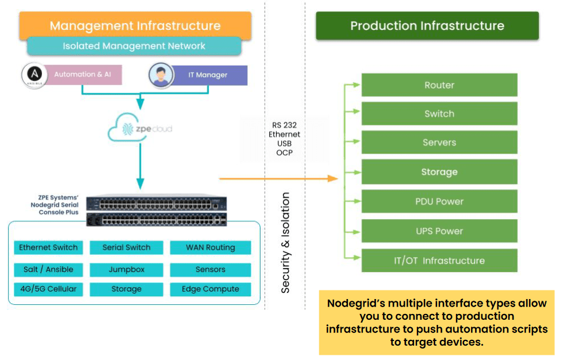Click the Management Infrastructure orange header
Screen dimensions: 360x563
pyautogui.click(x=135, y=26)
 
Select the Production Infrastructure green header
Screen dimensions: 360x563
pyautogui.click(x=427, y=26)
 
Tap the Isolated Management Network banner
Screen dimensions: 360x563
pyautogui.click(x=134, y=46)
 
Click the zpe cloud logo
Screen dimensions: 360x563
pyautogui.click(x=140, y=130)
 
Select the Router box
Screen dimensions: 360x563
pyautogui.click(x=439, y=85)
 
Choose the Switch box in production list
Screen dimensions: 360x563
pyautogui.click(x=439, y=114)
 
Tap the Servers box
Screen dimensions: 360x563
pyautogui.click(x=439, y=143)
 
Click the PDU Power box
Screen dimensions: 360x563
pyautogui.click(x=439, y=202)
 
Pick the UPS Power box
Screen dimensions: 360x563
pyautogui.click(x=439, y=231)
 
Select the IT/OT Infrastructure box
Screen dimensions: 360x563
pyautogui.click(x=439, y=261)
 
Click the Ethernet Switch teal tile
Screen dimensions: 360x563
pyautogui.click(x=48, y=248)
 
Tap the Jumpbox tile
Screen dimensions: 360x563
pyautogui.click(x=127, y=269)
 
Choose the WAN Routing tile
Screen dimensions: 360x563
pyautogui.click(x=210, y=248)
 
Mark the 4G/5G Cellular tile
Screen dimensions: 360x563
pyautogui.click(x=48, y=289)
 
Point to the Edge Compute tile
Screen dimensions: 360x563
pyautogui.click(x=210, y=289)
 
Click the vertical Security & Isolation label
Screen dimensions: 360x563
pyautogui.click(x=285, y=243)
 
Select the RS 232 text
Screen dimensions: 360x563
pyautogui.click(x=284, y=125)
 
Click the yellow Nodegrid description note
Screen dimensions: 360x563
pyautogui.click(x=436, y=323)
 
